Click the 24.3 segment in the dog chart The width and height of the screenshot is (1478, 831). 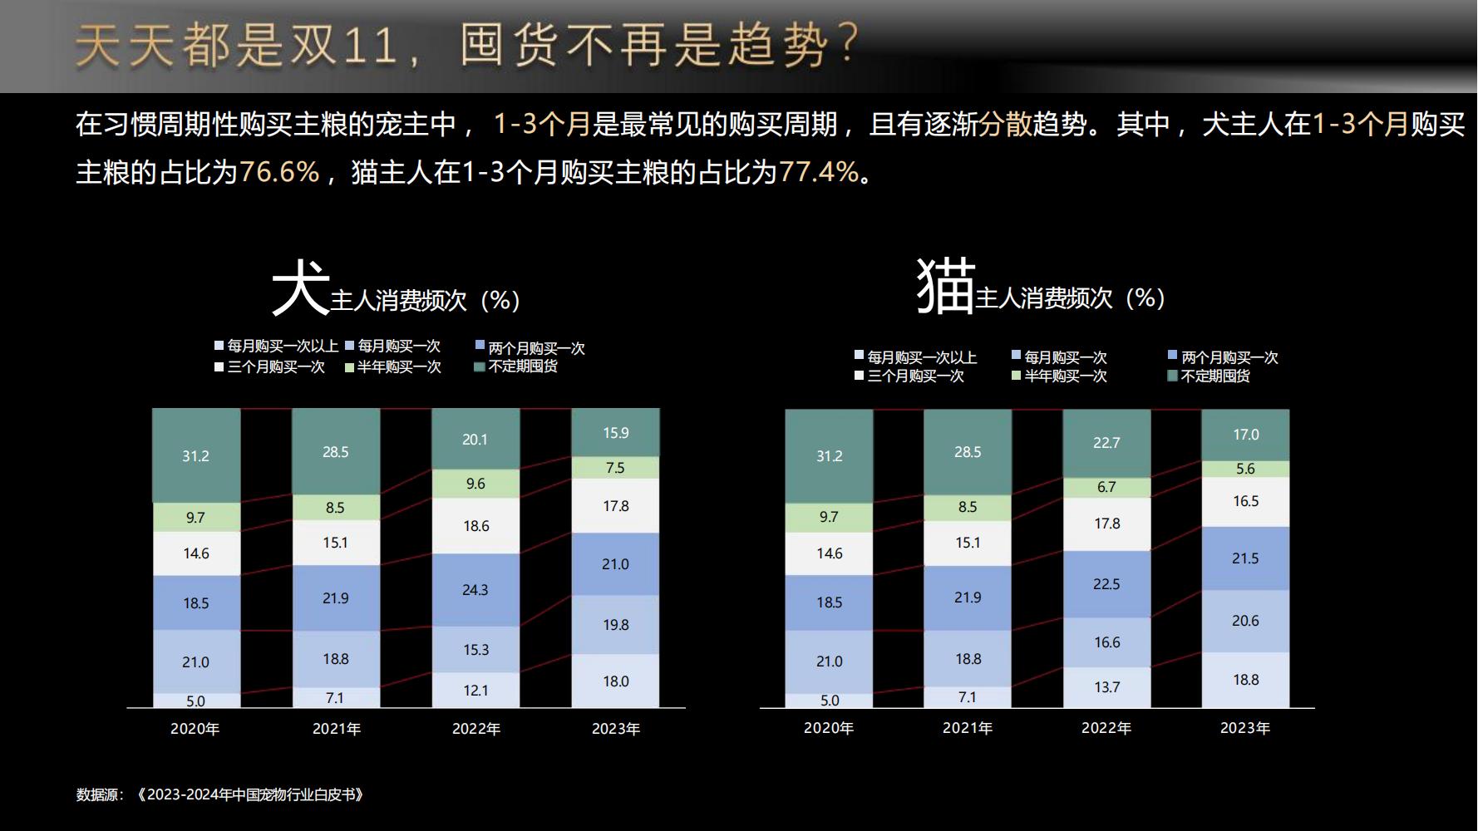point(475,590)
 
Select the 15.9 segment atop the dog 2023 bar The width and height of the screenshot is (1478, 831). point(615,433)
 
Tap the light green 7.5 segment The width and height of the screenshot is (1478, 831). point(615,468)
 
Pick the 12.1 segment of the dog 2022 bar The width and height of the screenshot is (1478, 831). point(475,691)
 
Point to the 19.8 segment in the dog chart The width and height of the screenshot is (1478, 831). point(615,625)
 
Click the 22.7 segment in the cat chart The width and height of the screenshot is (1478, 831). point(1106,443)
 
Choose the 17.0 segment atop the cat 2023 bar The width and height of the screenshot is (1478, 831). point(1245,435)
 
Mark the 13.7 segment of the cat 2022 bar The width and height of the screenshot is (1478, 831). point(1106,687)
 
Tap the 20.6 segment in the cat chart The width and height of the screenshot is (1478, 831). point(1245,621)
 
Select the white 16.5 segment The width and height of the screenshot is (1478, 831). point(1245,501)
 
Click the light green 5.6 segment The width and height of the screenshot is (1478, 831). point(1245,469)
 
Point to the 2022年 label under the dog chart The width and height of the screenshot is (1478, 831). point(476,729)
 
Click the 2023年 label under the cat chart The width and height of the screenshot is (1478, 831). point(1245,728)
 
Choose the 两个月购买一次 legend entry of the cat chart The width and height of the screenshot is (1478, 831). point(1229,357)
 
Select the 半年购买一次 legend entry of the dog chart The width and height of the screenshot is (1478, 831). point(398,366)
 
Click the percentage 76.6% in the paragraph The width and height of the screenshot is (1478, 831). point(279,172)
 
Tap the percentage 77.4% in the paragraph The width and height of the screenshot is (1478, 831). point(818,172)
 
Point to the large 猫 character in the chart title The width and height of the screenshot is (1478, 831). point(945,286)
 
